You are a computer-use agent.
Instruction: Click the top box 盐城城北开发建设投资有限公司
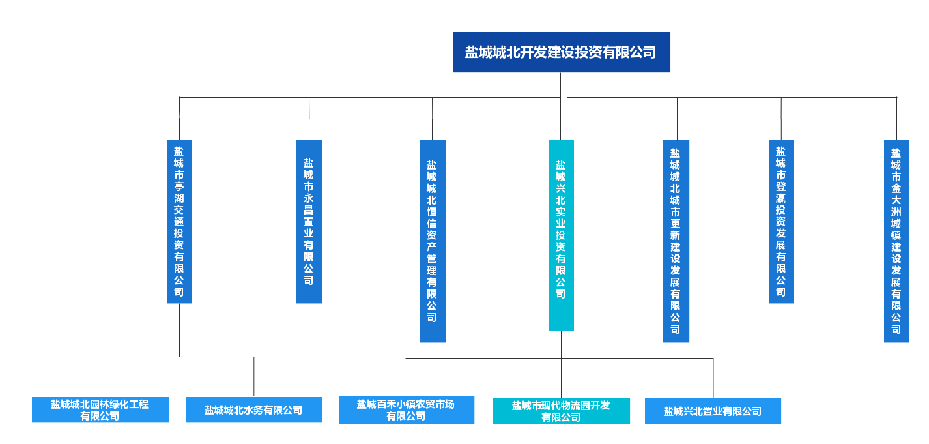(561, 52)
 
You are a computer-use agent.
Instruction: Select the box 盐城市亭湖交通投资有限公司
(179, 222)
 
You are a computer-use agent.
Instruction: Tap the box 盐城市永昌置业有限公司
(309, 222)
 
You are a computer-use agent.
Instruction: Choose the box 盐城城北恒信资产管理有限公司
(432, 241)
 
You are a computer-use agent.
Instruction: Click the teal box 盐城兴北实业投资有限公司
(561, 235)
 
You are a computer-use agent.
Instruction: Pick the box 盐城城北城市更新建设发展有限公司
(676, 241)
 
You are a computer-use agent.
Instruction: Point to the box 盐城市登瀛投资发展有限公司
(780, 222)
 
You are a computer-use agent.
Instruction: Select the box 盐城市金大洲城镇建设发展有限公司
(896, 241)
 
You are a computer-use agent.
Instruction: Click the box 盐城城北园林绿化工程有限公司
(100, 410)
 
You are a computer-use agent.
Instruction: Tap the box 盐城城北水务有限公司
(253, 410)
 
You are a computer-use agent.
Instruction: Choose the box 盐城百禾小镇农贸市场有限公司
(406, 409)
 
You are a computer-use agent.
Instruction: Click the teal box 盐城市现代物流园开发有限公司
(561, 411)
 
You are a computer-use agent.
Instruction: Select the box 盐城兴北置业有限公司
(713, 411)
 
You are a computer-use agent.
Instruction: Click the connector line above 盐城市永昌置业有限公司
(309, 119)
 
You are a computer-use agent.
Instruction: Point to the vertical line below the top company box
(560, 85)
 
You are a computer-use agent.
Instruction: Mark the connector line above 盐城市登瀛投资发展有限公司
(780, 119)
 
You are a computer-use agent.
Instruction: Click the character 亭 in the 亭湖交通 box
(179, 186)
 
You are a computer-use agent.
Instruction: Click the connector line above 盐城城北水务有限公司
(253, 376)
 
